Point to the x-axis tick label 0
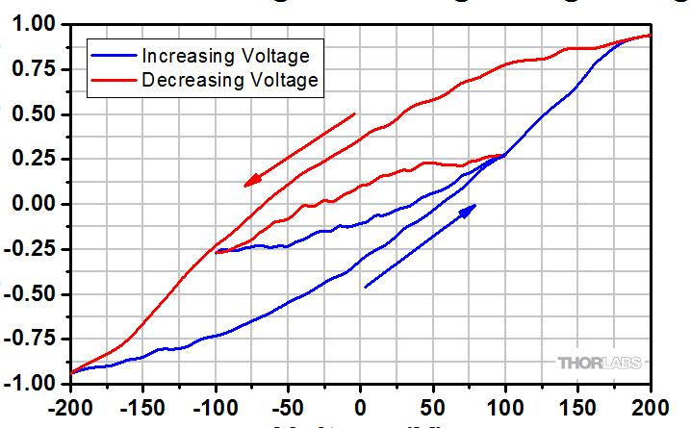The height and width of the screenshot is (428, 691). click(361, 403)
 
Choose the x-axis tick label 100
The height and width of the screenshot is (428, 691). click(505, 403)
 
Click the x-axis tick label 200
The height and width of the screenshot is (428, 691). click(651, 403)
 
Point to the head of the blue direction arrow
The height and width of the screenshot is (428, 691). click(469, 209)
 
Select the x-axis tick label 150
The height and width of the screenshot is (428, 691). click(577, 403)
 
